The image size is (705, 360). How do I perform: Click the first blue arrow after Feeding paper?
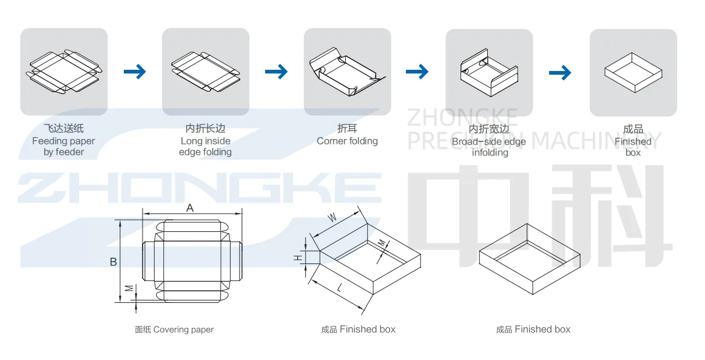pyautogui.click(x=135, y=72)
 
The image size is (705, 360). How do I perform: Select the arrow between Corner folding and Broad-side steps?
pyautogui.click(x=417, y=72)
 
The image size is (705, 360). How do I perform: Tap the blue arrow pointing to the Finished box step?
pyautogui.click(x=560, y=73)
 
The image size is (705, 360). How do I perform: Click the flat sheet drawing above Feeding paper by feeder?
pyautogui.click(x=64, y=72)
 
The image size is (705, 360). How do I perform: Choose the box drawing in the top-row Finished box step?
pyautogui.click(x=632, y=72)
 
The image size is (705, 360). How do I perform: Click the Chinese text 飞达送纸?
pyautogui.click(x=64, y=129)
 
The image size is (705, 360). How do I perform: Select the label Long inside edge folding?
pyautogui.click(x=205, y=146)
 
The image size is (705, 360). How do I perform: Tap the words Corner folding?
pyautogui.click(x=347, y=141)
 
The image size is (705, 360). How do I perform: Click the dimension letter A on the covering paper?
pyautogui.click(x=190, y=208)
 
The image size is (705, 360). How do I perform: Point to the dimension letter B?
pyautogui.click(x=113, y=262)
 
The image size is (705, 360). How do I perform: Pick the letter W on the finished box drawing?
pyautogui.click(x=332, y=217)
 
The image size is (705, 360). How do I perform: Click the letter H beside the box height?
pyautogui.click(x=298, y=258)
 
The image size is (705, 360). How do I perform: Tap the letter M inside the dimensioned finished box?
pyautogui.click(x=381, y=243)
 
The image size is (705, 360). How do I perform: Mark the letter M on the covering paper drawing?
pyautogui.click(x=129, y=288)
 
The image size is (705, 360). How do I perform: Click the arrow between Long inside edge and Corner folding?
pyautogui.click(x=276, y=72)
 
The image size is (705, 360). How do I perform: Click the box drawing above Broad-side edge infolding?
pyautogui.click(x=488, y=73)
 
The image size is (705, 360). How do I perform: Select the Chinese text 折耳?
pyautogui.click(x=347, y=129)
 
